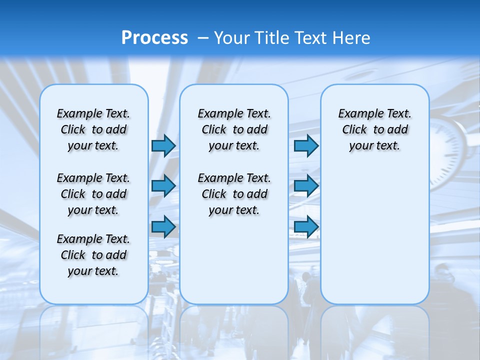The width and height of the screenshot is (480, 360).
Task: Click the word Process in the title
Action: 154,38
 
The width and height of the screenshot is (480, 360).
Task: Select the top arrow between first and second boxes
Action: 163,145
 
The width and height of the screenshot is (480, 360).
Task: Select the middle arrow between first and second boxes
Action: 163,186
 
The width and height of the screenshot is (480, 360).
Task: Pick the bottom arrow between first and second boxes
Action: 163,227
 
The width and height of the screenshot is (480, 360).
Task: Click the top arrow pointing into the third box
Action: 306,145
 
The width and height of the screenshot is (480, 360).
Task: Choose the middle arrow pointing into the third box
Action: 306,186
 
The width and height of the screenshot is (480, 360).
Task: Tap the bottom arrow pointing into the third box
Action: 306,227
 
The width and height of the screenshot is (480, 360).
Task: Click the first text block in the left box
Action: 93,129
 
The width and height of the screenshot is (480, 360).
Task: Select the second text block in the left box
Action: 93,194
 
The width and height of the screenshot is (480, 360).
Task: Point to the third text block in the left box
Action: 93,255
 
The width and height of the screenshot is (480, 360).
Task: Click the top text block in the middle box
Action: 234,129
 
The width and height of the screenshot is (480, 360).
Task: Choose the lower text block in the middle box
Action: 234,194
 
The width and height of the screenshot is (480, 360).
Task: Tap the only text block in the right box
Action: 374,129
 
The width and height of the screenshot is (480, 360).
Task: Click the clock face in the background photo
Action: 452,150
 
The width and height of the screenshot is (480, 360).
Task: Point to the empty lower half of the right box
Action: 374,240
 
